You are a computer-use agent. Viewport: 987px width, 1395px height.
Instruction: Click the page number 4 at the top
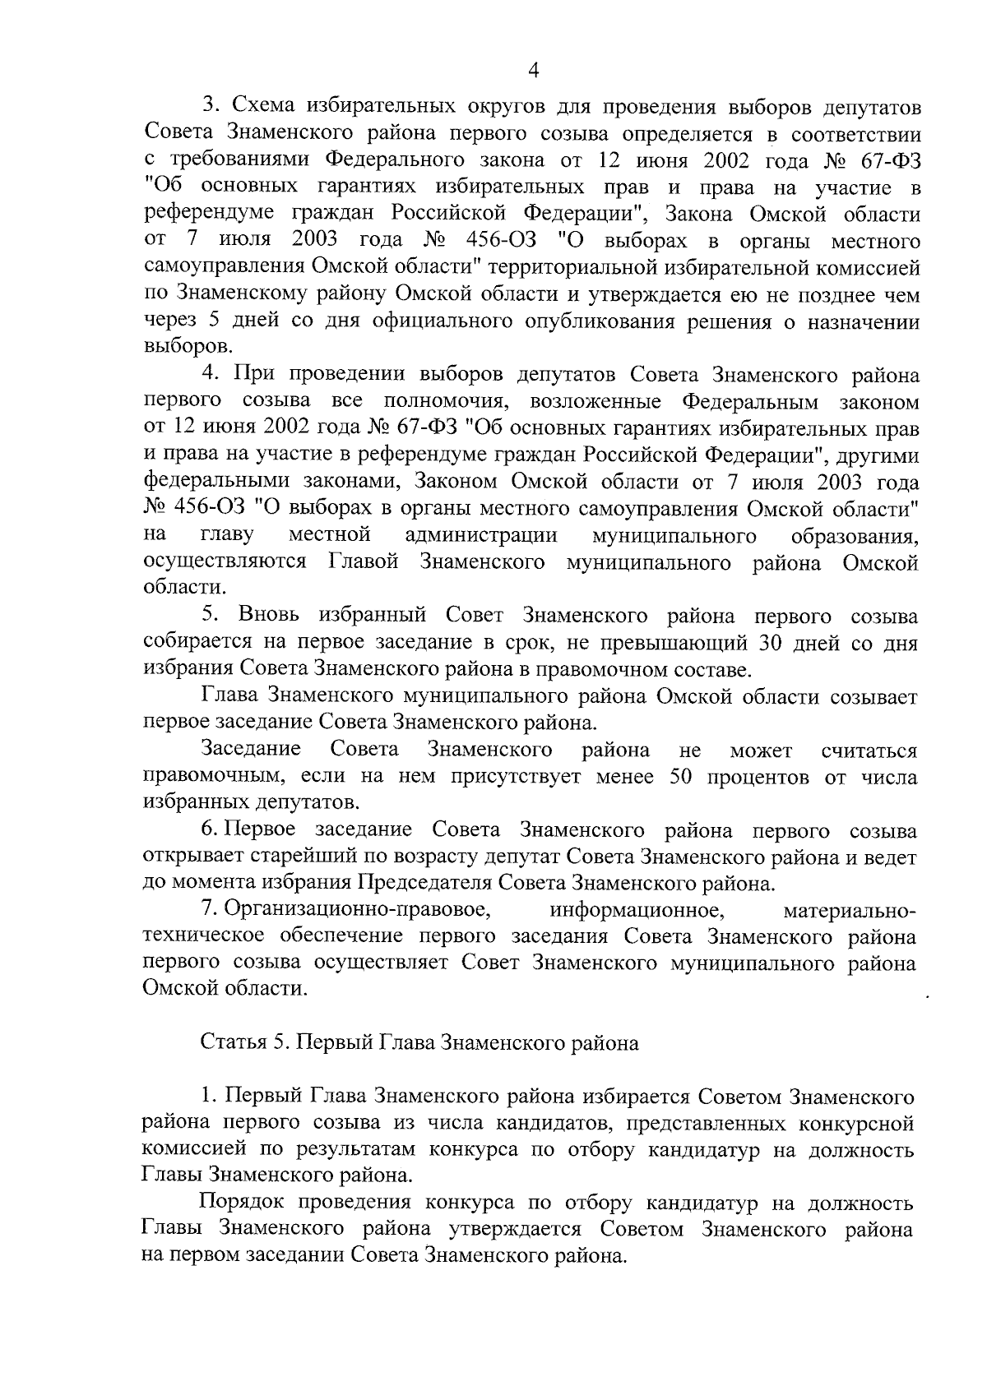coord(533,72)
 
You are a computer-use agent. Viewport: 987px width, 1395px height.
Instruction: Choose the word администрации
coord(481,536)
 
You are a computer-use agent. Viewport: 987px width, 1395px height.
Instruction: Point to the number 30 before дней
coord(781,643)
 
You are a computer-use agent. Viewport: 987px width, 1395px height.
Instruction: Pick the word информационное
coord(636,911)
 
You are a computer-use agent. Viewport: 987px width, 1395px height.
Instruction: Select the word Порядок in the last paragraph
coord(244,1203)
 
